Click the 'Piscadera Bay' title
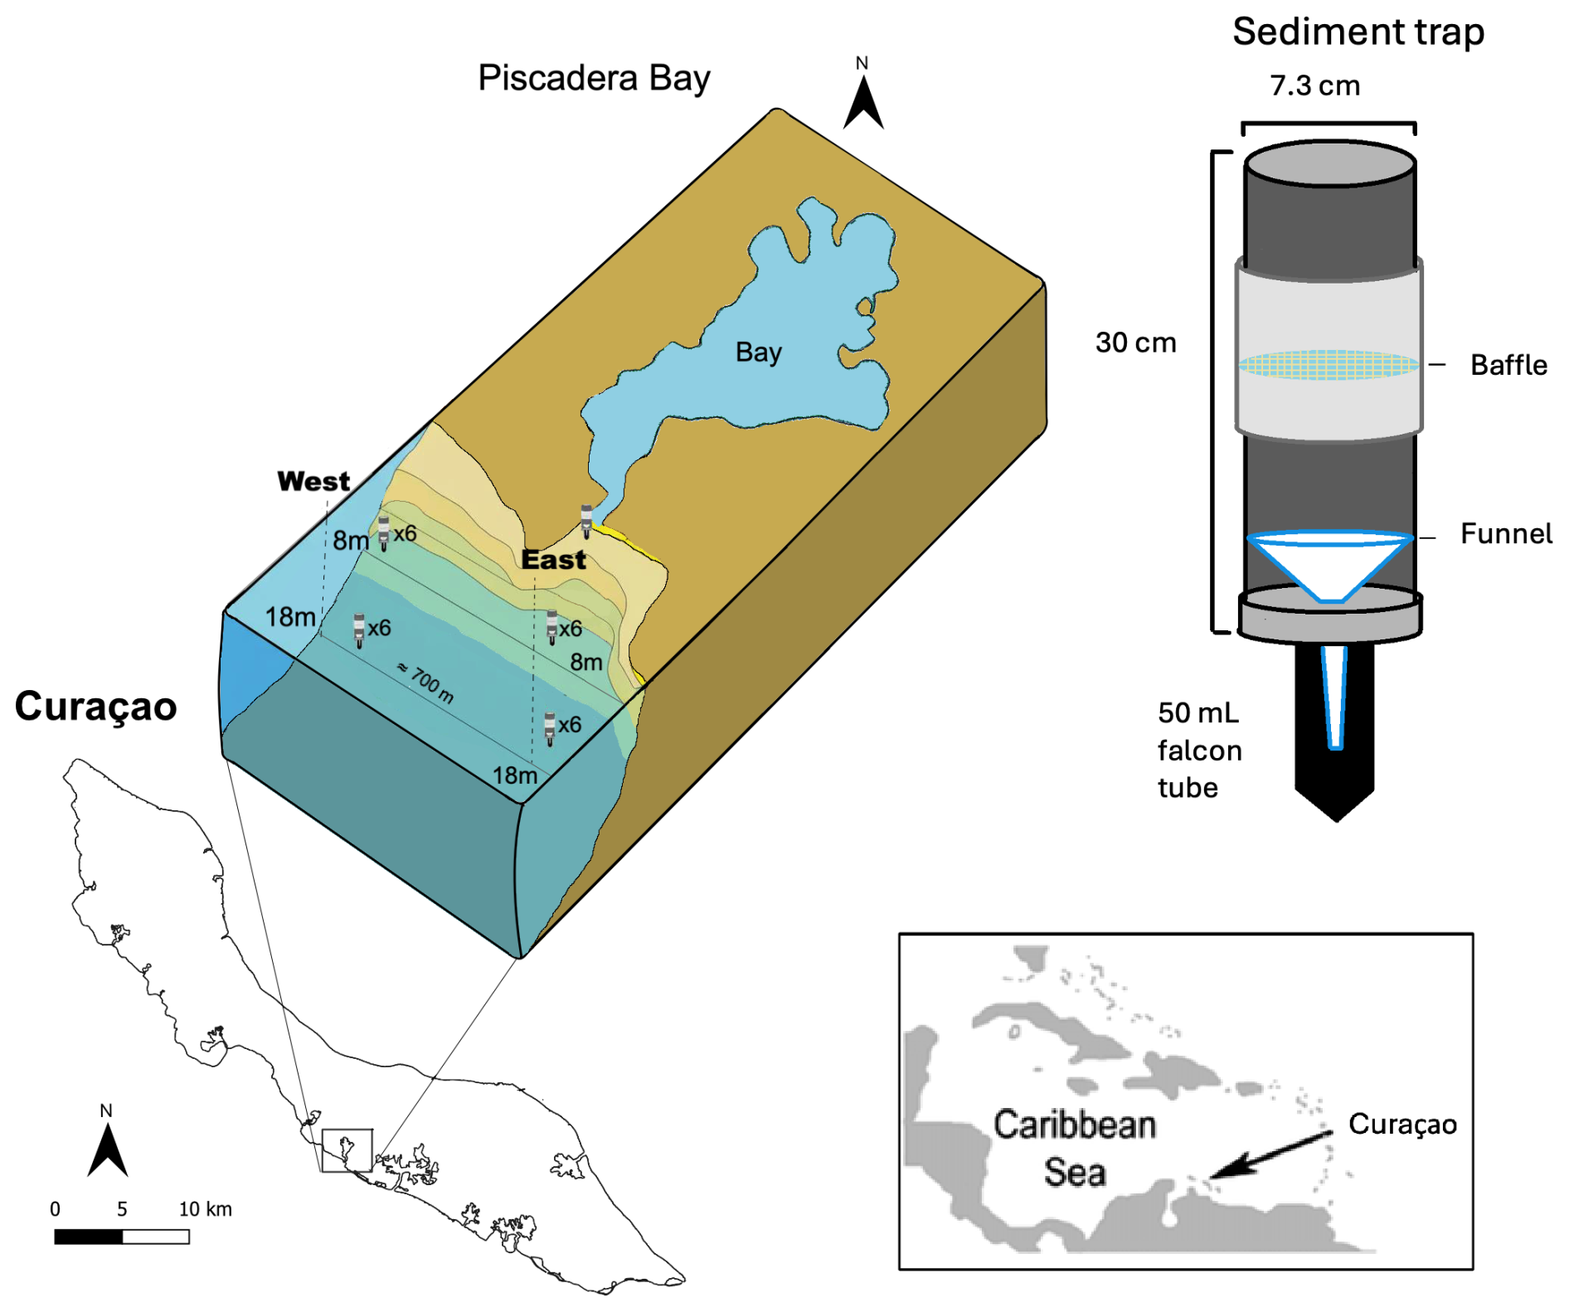[594, 79]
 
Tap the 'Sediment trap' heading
[1358, 32]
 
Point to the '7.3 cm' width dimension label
[1315, 85]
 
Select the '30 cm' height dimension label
[1135, 343]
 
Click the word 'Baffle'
[1508, 365]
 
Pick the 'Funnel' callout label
[1506, 533]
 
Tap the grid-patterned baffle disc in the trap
[1329, 364]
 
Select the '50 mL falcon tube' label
[1199, 750]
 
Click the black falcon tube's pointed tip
[1335, 820]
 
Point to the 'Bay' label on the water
[758, 352]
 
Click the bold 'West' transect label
[313, 481]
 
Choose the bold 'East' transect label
[553, 560]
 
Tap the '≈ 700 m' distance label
[425, 683]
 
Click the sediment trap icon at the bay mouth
[586, 520]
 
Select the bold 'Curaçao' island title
[96, 707]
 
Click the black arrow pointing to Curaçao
[1271, 1154]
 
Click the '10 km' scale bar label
[206, 1209]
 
